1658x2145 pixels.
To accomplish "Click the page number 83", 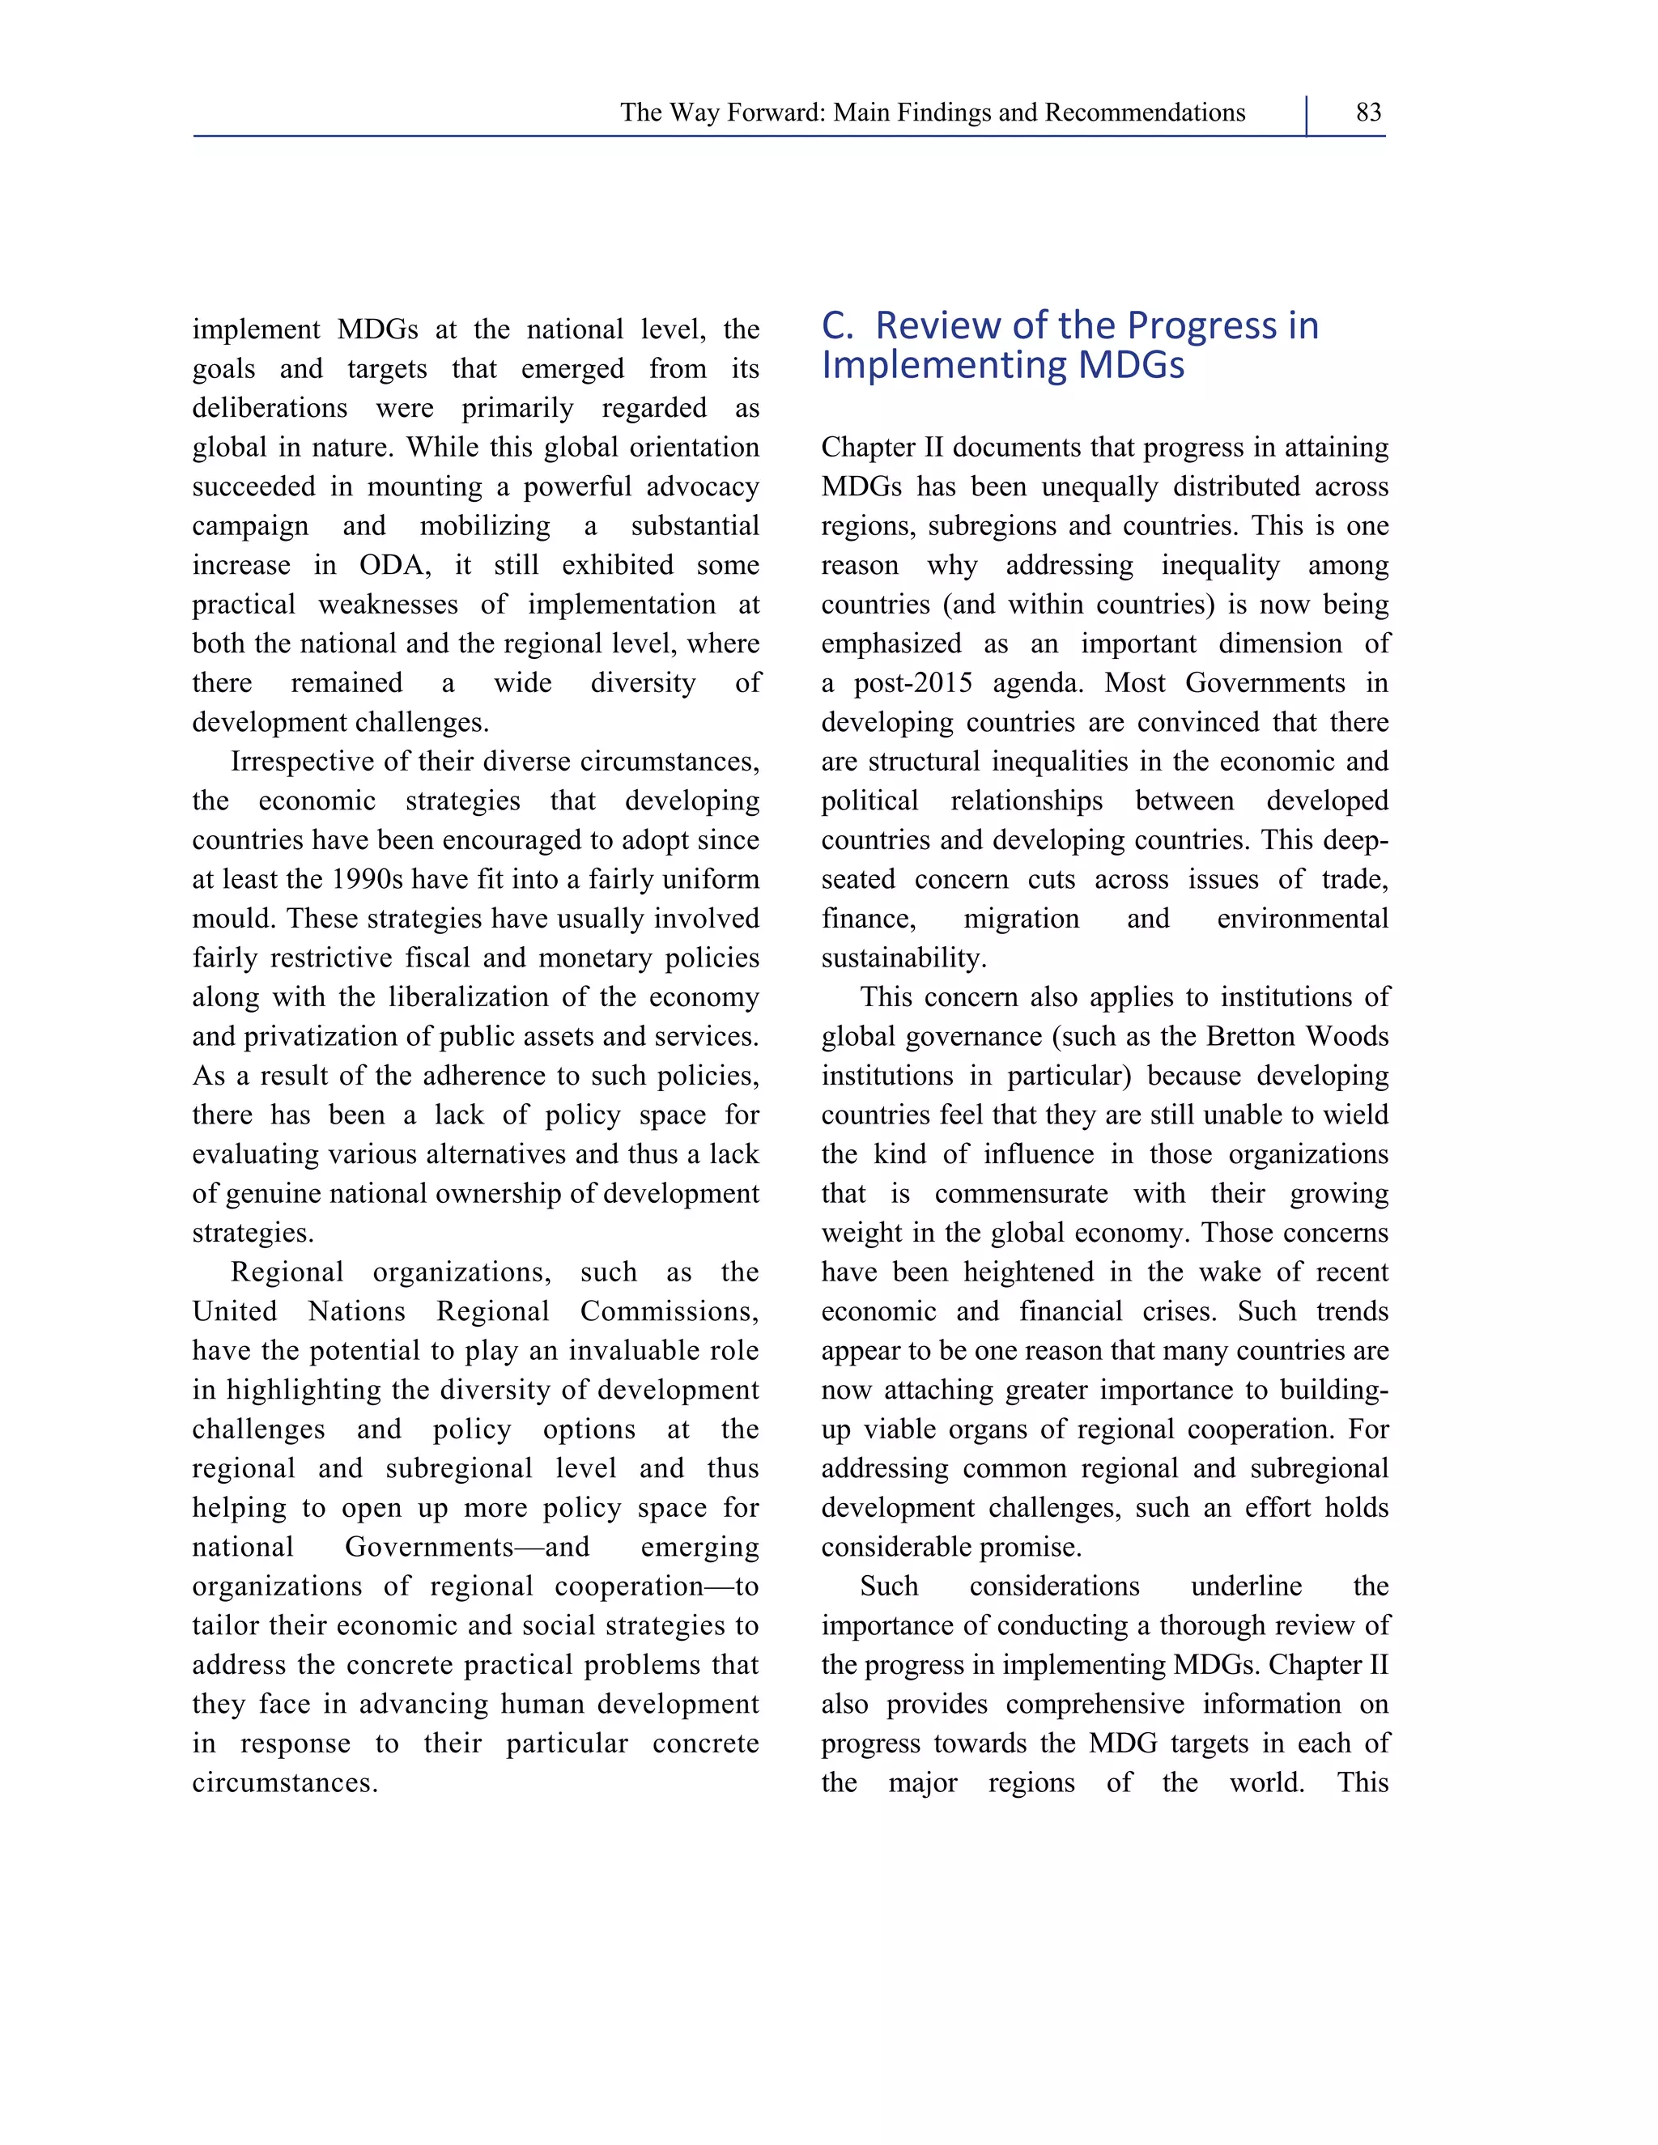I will coord(1367,113).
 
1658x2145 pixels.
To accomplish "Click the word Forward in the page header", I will coord(775,113).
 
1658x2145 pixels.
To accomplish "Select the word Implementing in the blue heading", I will coord(943,365).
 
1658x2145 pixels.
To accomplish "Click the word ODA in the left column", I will coord(393,566).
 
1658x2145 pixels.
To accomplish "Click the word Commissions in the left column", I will coord(668,1312).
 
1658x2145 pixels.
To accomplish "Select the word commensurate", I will coord(1021,1194).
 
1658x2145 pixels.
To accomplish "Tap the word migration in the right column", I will coord(1021,920).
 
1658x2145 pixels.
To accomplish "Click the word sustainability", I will coord(903,958).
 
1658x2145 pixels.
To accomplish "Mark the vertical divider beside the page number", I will coord(1307,115).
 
